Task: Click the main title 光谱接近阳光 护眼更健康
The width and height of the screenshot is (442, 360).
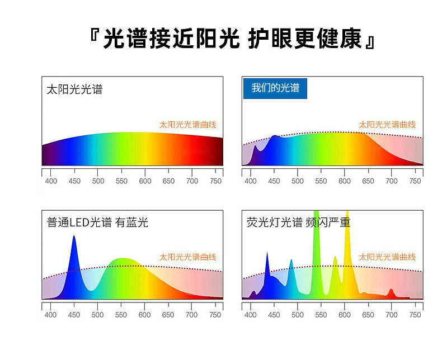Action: point(232,39)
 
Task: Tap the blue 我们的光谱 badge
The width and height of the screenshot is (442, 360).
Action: point(275,88)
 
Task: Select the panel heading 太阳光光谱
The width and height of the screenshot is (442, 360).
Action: point(74,89)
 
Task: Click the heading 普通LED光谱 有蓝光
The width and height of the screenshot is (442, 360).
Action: point(97,222)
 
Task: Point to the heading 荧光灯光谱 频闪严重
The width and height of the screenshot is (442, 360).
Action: point(298,222)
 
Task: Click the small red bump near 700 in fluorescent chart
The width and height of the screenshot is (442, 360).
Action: point(391,293)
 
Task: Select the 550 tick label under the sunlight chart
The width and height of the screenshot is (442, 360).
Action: point(121,181)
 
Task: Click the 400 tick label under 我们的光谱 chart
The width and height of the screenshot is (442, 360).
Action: point(250,181)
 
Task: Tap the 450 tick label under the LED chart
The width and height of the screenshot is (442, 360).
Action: point(74,315)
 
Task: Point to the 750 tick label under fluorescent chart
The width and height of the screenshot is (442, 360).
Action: point(415,315)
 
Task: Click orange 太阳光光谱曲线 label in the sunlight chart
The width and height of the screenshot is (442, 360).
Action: point(188,125)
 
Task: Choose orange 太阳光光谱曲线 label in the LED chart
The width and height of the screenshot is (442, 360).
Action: point(188,257)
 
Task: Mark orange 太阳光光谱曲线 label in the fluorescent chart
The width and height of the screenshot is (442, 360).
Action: point(387,257)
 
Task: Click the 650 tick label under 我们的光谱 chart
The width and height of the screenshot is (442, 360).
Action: point(368,181)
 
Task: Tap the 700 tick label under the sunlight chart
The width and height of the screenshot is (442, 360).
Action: point(192,181)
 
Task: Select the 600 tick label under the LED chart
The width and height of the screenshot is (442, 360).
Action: point(144,315)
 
